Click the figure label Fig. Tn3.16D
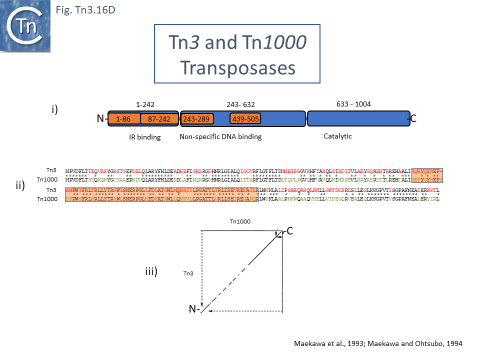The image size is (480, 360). pos(84,9)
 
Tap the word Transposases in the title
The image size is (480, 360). pos(236,67)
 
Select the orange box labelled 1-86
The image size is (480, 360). pos(123,119)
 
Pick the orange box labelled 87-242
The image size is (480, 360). pos(159,119)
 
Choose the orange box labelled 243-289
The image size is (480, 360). pos(196,119)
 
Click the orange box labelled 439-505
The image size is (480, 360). pos(245,119)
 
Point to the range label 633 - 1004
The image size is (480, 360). pos(353,104)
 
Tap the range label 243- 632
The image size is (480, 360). pos(241,104)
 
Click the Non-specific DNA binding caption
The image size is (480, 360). pos(220,136)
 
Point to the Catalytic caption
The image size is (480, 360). pos(338,135)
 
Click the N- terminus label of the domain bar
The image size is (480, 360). pos(102,119)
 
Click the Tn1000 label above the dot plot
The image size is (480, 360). pos(239,221)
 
